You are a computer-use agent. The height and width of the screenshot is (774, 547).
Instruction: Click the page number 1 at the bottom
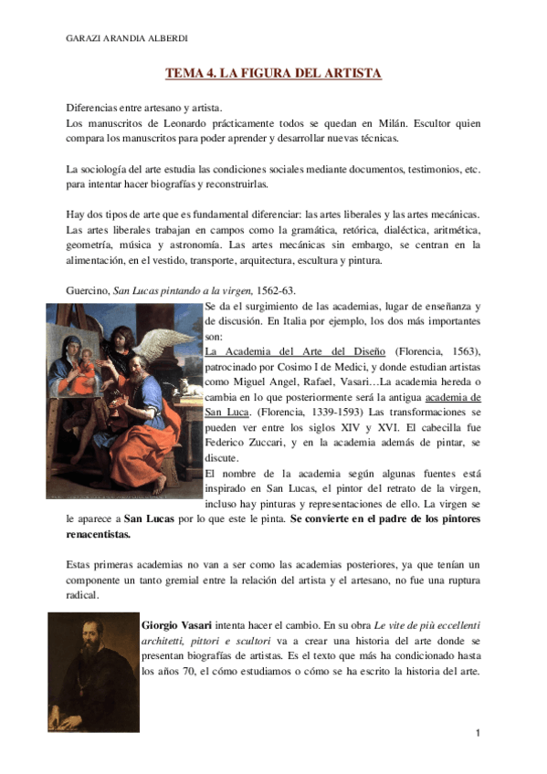coord(477,733)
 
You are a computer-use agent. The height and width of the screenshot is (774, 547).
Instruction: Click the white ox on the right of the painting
coord(189,388)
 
